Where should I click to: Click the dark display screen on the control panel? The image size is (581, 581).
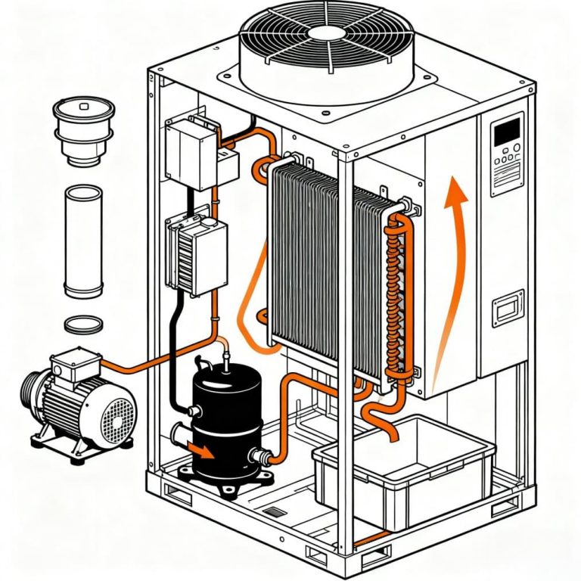click(x=506, y=132)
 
